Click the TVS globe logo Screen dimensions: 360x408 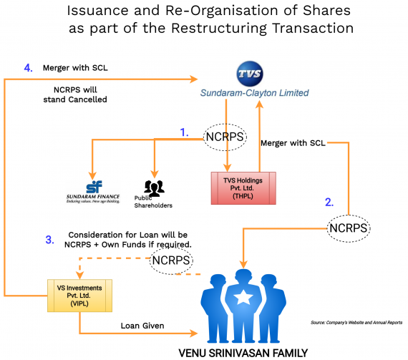click(x=250, y=74)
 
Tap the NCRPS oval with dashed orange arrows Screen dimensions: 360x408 click(x=171, y=261)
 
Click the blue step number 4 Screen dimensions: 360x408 click(x=28, y=68)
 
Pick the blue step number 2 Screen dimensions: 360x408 click(x=329, y=202)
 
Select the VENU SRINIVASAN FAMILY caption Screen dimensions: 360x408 click(x=243, y=352)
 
